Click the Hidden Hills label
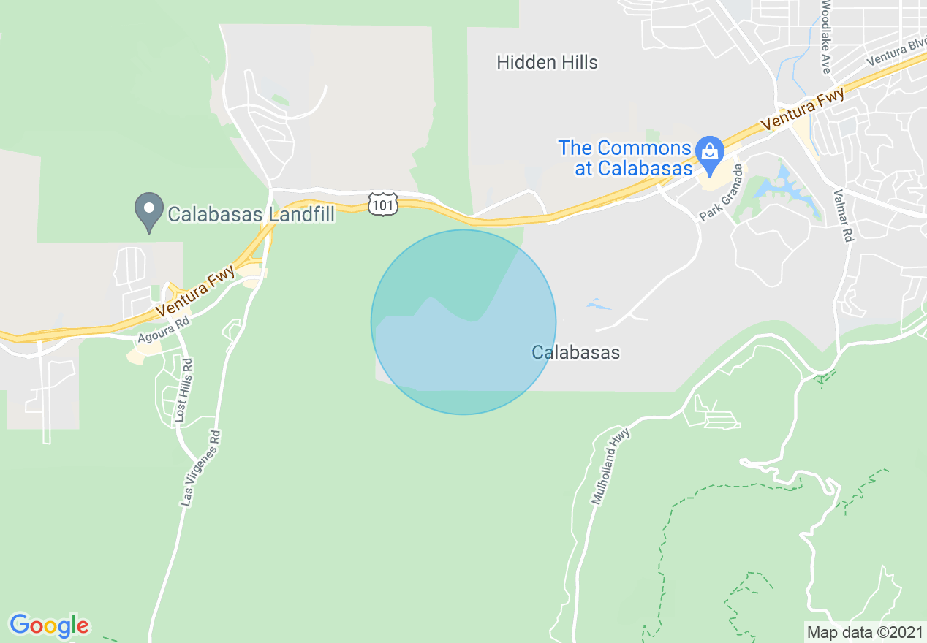pos(547,62)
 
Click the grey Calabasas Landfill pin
pos(149,210)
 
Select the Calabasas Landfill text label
pos(251,214)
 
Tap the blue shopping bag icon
pos(708,152)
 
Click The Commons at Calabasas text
pos(625,158)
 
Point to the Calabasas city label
pos(575,352)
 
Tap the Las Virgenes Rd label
pos(200,468)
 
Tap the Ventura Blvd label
pos(896,53)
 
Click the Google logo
pos(49,625)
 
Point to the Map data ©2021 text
pos(864,631)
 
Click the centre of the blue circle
pos(463,322)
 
